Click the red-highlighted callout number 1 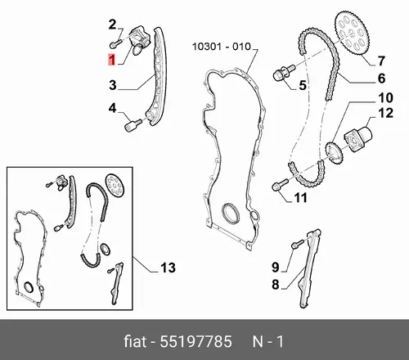(111, 60)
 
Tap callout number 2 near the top (112, 25)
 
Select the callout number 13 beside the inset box (168, 268)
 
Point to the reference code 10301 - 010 (222, 47)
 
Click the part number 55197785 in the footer (196, 341)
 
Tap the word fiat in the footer (135, 341)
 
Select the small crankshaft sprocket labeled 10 (335, 153)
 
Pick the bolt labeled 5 (284, 72)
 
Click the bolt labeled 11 (281, 185)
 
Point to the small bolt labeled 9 (298, 244)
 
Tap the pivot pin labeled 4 (133, 125)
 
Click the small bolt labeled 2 (116, 43)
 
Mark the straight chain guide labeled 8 (309, 269)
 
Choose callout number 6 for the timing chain (381, 79)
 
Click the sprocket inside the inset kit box (115, 185)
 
